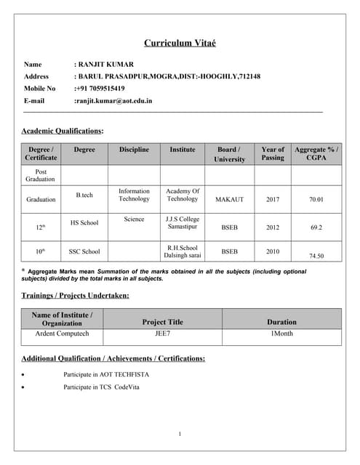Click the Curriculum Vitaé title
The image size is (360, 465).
tap(180, 43)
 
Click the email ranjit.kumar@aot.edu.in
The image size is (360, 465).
tap(113, 101)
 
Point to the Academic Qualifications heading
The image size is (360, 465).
tap(63, 131)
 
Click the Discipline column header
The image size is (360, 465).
tap(134, 150)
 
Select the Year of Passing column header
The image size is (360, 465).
tap(273, 153)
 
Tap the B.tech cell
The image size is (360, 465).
tap(84, 195)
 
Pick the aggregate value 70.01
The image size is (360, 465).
tap(316, 199)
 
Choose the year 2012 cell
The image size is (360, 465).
tap(273, 227)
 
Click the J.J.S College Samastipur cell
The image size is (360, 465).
tap(183, 222)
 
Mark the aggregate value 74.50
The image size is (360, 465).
tap(316, 256)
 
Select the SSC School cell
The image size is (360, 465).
tap(84, 251)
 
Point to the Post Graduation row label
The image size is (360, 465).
tap(41, 175)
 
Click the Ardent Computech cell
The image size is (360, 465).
tap(62, 333)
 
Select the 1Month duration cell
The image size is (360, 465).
tap(281, 333)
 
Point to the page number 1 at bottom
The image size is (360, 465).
tap(180, 434)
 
